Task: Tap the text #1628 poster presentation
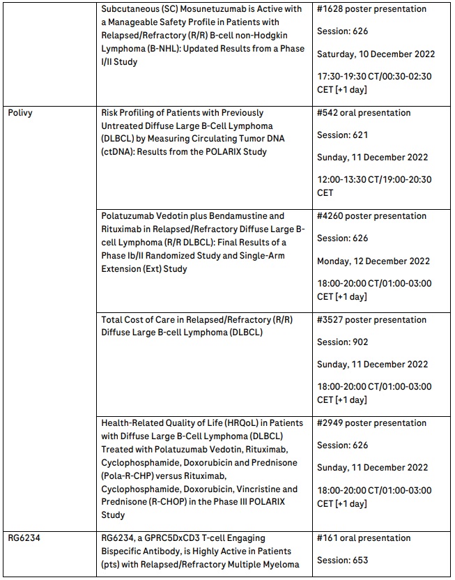(x=371, y=9)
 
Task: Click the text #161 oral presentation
(x=364, y=538)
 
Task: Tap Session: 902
(x=342, y=342)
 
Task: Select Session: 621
(x=342, y=135)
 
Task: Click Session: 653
(x=342, y=560)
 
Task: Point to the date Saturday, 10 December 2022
(x=376, y=54)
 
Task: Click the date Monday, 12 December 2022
(x=374, y=261)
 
